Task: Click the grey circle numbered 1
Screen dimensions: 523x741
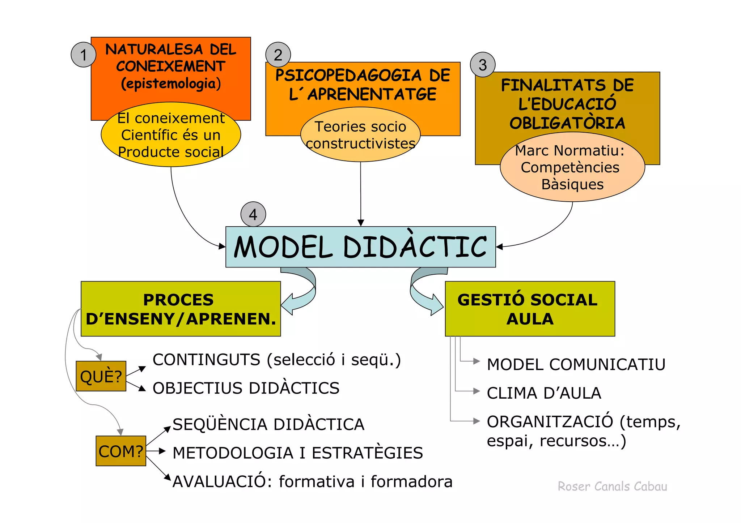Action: coord(84,55)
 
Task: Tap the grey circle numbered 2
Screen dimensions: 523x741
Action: coord(278,55)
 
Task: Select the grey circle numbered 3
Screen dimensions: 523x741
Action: coord(483,65)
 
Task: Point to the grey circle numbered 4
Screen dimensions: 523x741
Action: coord(253,214)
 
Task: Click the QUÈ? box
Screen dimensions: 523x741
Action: coord(101,376)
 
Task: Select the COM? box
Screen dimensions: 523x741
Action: coord(121,451)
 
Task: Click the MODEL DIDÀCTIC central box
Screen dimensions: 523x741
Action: coord(360,247)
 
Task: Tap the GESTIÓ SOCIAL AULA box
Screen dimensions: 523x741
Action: coord(530,309)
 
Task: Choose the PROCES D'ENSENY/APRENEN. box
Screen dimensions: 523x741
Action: coord(181,309)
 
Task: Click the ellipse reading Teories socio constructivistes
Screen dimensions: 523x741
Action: coord(360,135)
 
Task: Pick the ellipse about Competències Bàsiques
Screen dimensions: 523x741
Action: coord(572,167)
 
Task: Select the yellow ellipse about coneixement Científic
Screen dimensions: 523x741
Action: coord(171,135)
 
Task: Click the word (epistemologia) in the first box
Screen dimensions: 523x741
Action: coord(171,83)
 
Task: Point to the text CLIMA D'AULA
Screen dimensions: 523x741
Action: coord(544,393)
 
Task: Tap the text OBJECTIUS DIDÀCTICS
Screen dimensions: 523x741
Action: coord(246,388)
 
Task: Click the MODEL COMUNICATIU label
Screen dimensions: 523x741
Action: coord(576,364)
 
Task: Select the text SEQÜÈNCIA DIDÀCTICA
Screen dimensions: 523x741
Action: coord(268,424)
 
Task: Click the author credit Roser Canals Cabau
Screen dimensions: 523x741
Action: coord(612,486)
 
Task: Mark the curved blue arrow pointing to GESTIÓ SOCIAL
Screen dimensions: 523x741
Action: coord(423,293)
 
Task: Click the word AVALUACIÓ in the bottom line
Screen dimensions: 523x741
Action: coord(222,482)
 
